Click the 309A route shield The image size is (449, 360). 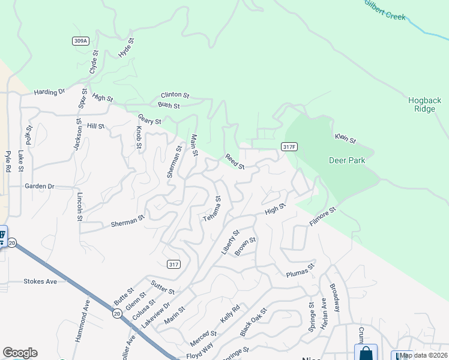pyautogui.click(x=81, y=41)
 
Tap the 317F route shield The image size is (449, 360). pyautogui.click(x=289, y=147)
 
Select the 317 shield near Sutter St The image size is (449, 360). pyautogui.click(x=173, y=264)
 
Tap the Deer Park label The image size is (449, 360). pyautogui.click(x=347, y=160)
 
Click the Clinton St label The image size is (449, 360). pyautogui.click(x=175, y=95)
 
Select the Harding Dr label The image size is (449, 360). pyautogui.click(x=49, y=92)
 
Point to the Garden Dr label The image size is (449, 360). pyautogui.click(x=40, y=187)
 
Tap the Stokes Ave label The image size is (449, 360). pyautogui.click(x=40, y=281)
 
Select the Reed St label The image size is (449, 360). pyautogui.click(x=235, y=161)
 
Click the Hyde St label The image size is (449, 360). pyautogui.click(x=126, y=48)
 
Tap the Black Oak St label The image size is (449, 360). pyautogui.click(x=252, y=323)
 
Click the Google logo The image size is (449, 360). pyautogui.click(x=20, y=353)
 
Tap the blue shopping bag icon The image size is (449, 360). pyautogui.click(x=366, y=353)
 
